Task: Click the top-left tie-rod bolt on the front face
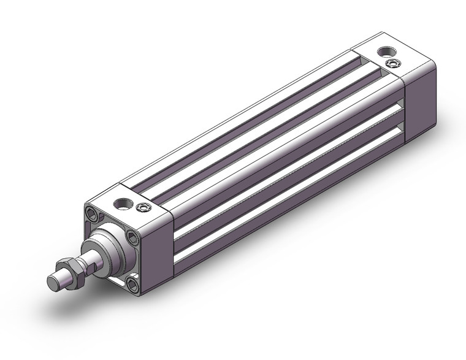93,215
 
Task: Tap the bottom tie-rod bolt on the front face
132,283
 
